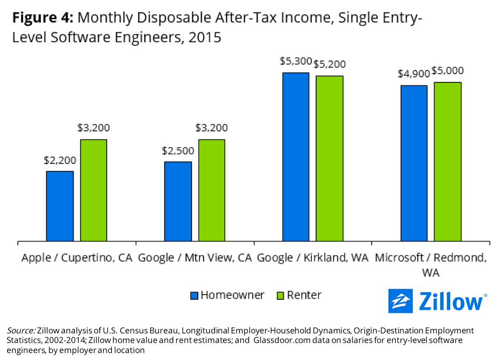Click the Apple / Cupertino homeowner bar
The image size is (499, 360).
[60, 206]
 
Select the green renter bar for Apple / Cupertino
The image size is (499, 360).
[93, 190]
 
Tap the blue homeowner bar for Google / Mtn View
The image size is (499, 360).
[178, 201]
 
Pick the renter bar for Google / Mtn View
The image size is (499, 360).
[212, 190]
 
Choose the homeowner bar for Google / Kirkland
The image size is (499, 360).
[296, 156]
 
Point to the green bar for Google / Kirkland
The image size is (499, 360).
[330, 158]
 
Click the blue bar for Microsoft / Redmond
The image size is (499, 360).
[414, 163]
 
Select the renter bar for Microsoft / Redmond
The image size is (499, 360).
[448, 161]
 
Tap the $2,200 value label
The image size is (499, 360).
[60, 160]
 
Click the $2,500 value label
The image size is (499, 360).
[178, 151]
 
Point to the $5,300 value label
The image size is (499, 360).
[296, 61]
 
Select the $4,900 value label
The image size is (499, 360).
[414, 74]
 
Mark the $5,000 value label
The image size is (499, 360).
[448, 71]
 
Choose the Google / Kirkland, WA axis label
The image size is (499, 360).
[313, 258]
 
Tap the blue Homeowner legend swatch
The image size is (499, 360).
[194, 296]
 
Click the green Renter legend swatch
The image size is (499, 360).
[280, 296]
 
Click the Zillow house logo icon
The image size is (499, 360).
[400, 301]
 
